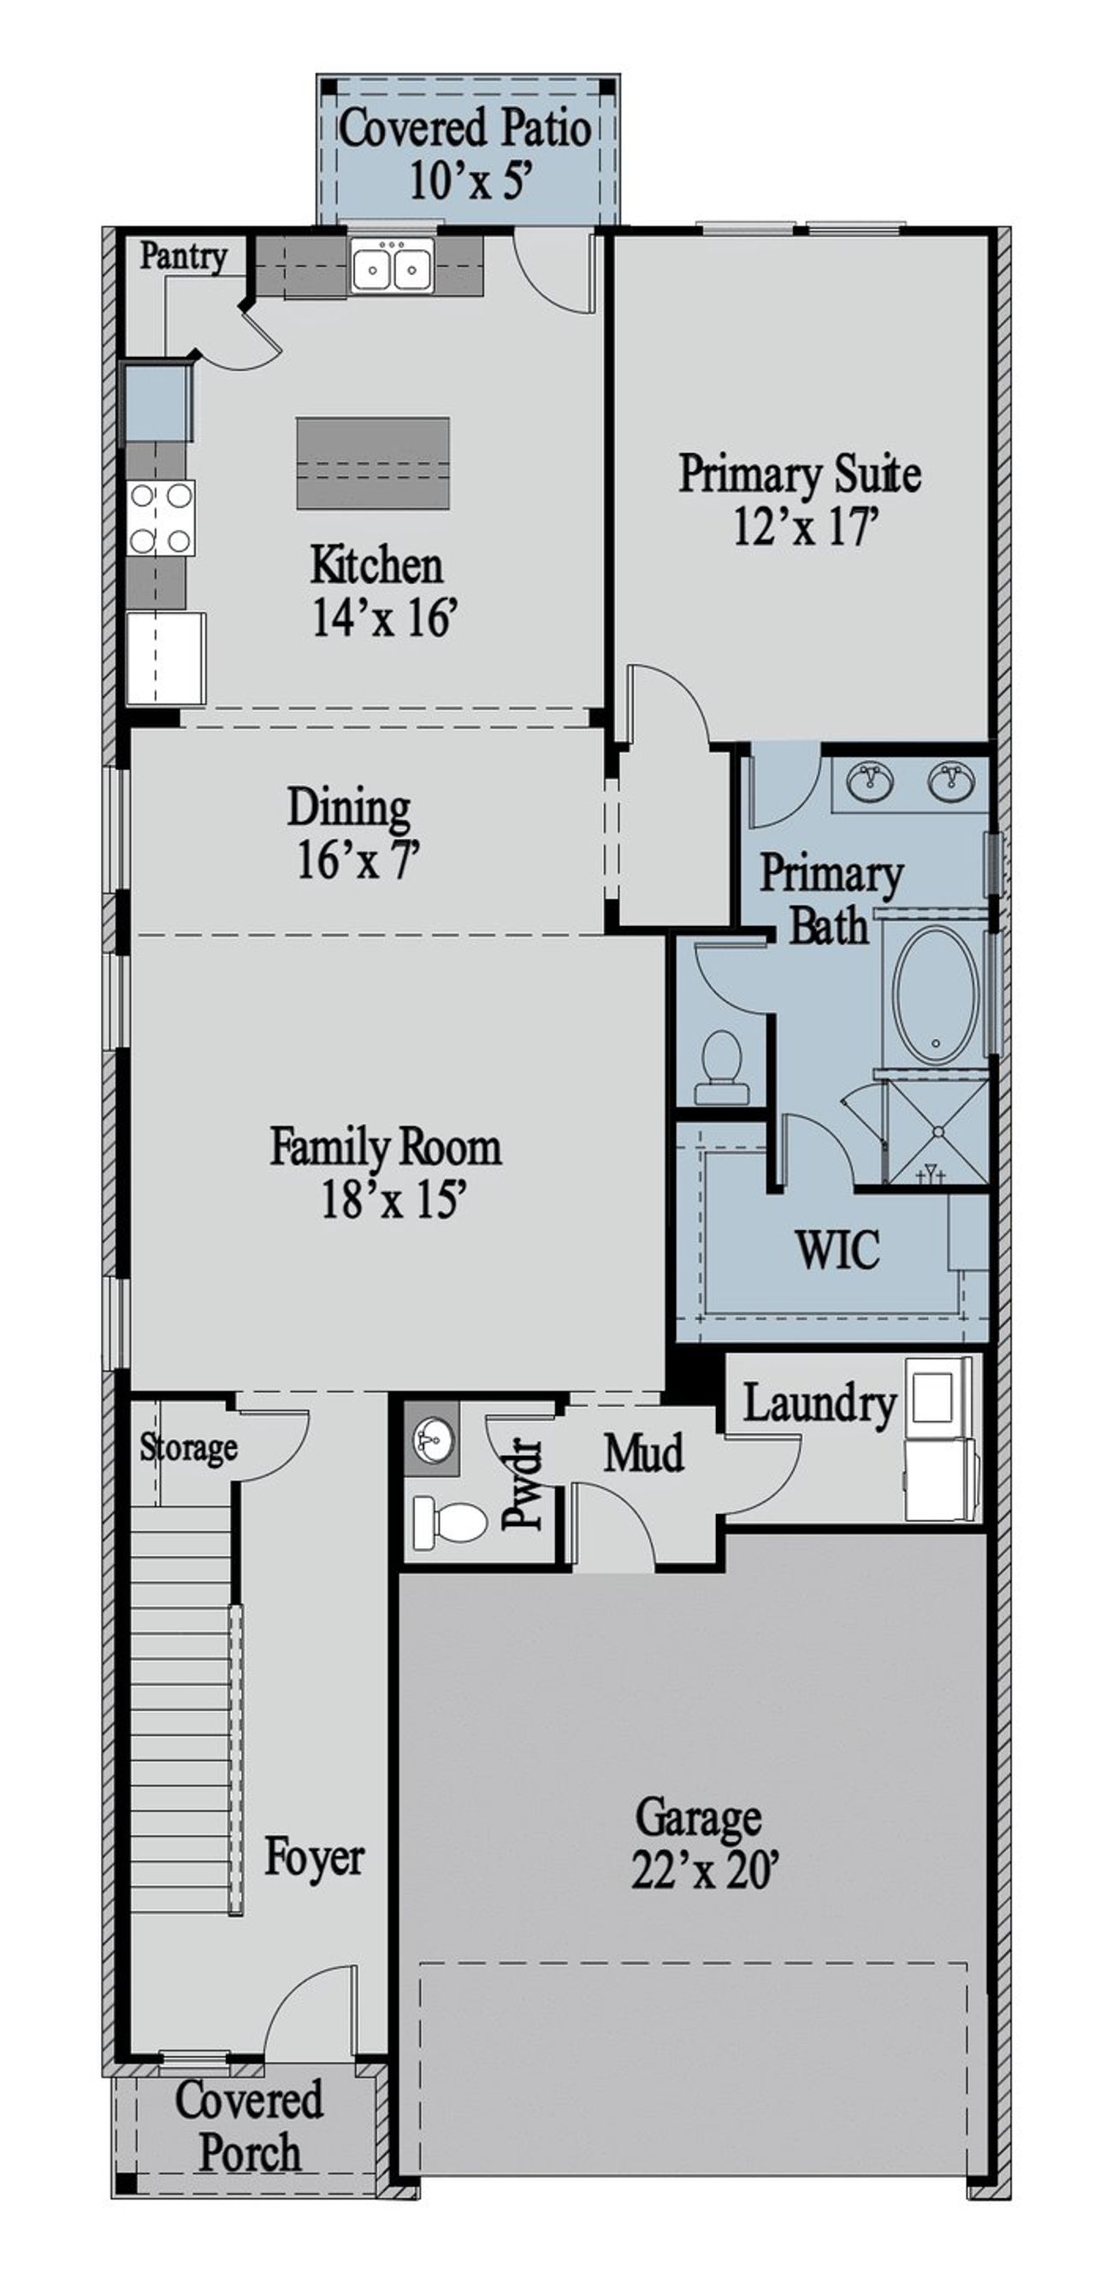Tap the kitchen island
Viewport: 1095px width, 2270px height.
(x=373, y=462)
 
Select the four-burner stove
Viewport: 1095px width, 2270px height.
(x=161, y=518)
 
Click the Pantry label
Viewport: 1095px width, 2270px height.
(x=183, y=258)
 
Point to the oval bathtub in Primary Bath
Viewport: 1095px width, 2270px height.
(x=936, y=994)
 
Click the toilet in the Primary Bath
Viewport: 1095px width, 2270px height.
(x=721, y=1067)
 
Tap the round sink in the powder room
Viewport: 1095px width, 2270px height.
(x=432, y=1440)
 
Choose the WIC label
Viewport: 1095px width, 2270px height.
(x=836, y=1250)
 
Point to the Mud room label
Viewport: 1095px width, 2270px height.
(x=643, y=1453)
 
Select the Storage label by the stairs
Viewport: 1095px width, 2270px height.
(x=188, y=1446)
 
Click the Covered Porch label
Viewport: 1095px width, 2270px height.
(x=249, y=2126)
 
